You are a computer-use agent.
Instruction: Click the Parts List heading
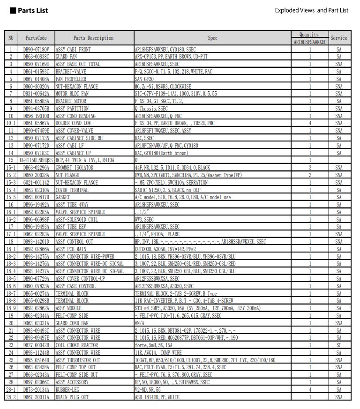coord(33,10)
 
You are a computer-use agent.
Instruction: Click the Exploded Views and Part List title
coord(311,10)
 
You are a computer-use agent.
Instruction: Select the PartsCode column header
coord(36,38)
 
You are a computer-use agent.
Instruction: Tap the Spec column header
coord(213,38)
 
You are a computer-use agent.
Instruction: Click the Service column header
coord(338,38)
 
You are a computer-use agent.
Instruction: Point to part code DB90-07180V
coord(36,49)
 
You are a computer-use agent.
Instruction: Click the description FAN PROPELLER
coord(71,79)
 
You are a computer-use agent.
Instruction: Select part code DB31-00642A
coord(36,93)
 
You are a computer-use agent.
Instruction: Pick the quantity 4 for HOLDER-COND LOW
coord(309,123)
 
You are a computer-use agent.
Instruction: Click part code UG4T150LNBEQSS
coord(36,160)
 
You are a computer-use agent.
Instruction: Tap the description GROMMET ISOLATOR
coord(75,167)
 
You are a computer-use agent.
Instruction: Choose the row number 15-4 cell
coord(11,189)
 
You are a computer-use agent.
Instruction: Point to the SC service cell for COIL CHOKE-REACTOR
coord(338,345)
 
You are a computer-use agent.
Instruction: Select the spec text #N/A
coord(139,323)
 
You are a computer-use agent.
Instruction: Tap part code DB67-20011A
coord(36,397)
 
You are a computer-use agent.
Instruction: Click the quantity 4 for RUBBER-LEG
coord(309,389)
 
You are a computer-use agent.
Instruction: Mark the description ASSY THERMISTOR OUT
coord(78,360)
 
